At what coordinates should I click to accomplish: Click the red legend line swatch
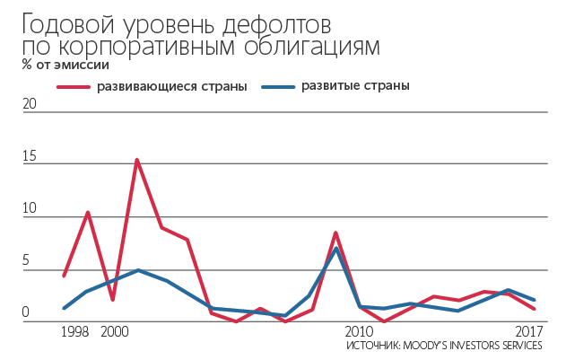pos(74,86)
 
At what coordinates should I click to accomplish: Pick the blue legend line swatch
pos(278,86)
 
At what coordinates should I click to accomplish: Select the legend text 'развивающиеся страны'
pos(172,86)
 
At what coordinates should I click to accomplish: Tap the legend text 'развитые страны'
pos(355,86)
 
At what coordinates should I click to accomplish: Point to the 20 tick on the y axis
pos(30,104)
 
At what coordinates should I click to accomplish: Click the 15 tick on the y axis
pos(30,156)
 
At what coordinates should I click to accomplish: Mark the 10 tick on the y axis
pos(30,209)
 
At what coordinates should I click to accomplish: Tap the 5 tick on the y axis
pos(27,262)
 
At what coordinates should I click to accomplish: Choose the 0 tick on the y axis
pos(27,313)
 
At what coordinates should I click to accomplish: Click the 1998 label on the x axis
pos(75,332)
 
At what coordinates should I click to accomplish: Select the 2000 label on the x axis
pos(114,332)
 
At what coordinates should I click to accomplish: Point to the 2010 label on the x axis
pos(359,332)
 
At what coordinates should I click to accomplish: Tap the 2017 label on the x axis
pos(532,332)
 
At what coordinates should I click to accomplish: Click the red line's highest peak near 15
pos(137,160)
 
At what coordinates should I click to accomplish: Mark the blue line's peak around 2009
pos(336,248)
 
